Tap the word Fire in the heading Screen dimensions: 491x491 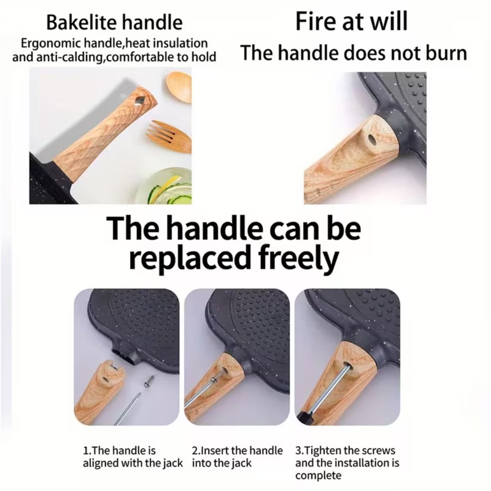click(316, 21)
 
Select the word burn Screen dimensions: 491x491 click(446, 53)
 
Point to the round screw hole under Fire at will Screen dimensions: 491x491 click(372, 138)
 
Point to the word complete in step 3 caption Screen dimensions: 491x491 click(318, 476)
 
